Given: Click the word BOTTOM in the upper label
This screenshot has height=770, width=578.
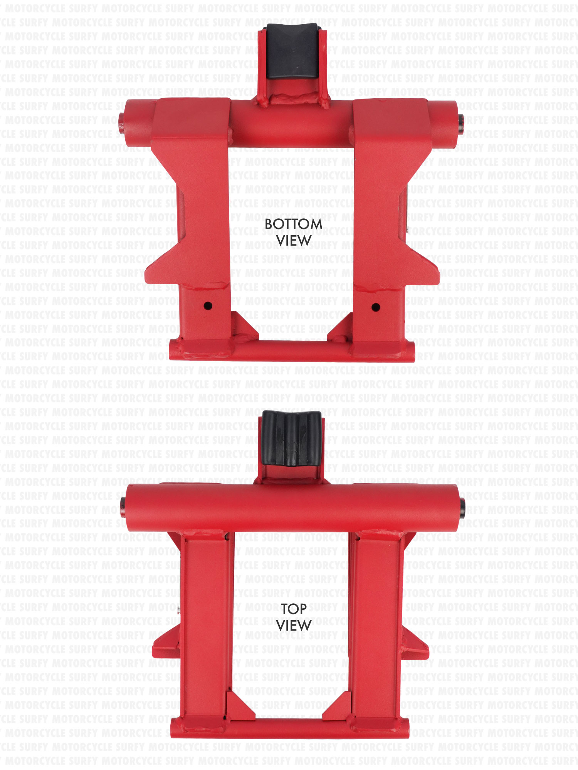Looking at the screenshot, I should pyautogui.click(x=293, y=224).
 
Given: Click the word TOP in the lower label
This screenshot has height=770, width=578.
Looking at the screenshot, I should pyautogui.click(x=294, y=609).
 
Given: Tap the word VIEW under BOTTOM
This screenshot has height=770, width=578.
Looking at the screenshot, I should pyautogui.click(x=294, y=241).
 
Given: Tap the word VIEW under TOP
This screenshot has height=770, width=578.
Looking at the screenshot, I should pyautogui.click(x=294, y=626).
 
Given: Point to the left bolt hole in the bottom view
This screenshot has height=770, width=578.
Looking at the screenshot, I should pyautogui.click(x=208, y=306).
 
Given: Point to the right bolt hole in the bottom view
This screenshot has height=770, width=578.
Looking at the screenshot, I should pyautogui.click(x=376, y=307).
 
